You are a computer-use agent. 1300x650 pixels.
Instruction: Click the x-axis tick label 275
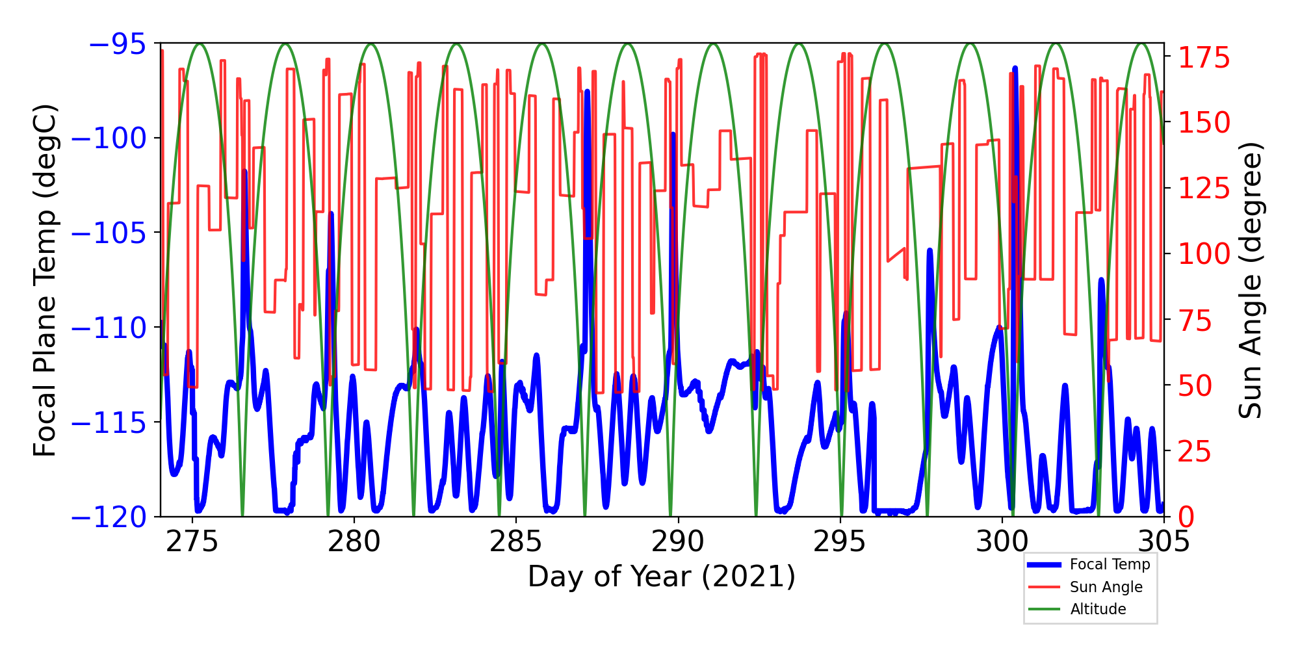coord(192,541)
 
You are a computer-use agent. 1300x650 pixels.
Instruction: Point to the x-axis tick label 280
coord(354,541)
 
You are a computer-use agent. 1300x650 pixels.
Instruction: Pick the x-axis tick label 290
coord(678,541)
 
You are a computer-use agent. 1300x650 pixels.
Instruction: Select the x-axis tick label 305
coord(1163,541)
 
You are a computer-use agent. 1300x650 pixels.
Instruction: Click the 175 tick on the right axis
coord(1204,58)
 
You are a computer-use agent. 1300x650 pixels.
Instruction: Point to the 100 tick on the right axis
coord(1204,254)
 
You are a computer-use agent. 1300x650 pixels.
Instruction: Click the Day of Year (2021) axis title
coord(662,577)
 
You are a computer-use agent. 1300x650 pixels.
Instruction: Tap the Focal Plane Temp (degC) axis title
coord(45,281)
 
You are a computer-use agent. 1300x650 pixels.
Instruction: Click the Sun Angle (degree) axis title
coord(1249,281)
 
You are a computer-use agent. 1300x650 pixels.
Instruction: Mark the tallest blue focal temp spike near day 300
coord(1015,68)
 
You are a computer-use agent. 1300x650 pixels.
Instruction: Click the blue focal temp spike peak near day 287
coord(587,92)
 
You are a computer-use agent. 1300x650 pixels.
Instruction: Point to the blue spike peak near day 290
coord(673,135)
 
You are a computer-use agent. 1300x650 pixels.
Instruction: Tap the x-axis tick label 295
coord(840,541)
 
